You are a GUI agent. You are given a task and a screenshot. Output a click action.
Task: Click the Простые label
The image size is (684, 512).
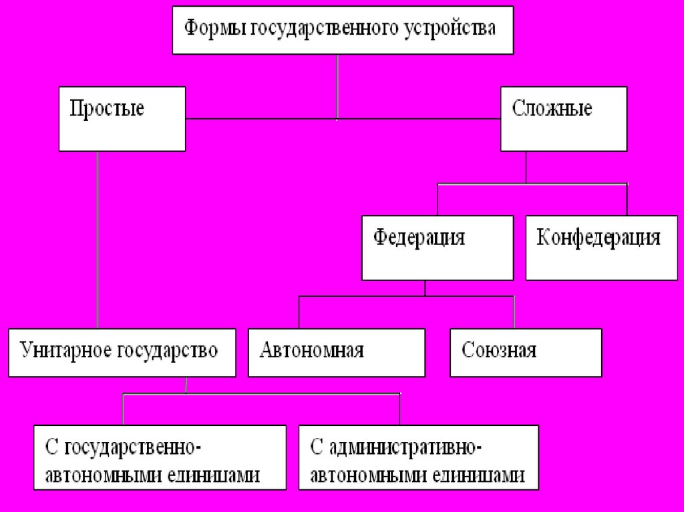coord(107,108)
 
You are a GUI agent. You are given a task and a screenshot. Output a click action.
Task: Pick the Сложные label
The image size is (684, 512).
coord(552,108)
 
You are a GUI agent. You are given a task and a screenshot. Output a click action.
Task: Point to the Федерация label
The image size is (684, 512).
coord(419,238)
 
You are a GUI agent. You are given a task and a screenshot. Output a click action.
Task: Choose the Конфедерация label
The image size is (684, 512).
coord(598,238)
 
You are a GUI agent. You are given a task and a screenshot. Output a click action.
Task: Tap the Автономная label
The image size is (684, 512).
coord(312,350)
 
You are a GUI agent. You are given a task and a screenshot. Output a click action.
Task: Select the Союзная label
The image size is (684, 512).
coord(499,350)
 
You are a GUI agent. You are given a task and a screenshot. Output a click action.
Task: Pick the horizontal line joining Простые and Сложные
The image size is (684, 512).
coord(267,119)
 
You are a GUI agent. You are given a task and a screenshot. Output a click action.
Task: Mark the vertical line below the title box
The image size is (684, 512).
coord(337,87)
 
